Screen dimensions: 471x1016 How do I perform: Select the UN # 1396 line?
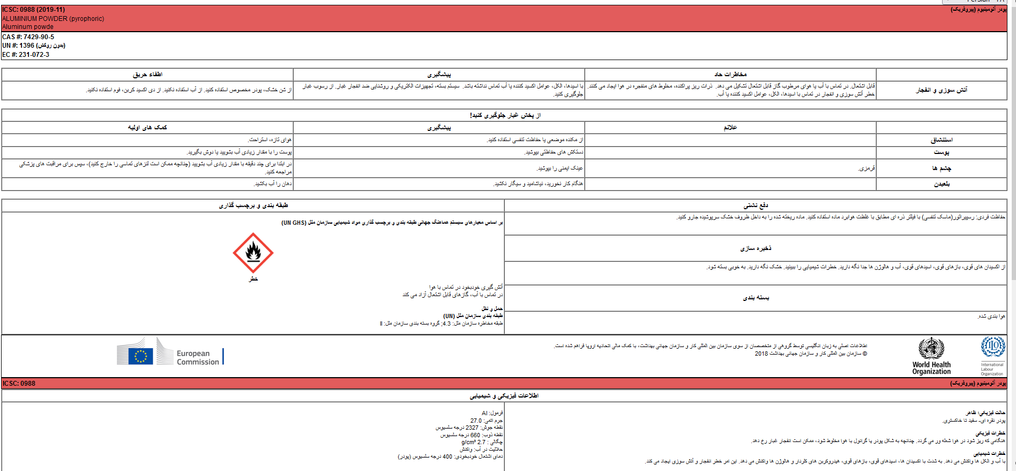pos(34,46)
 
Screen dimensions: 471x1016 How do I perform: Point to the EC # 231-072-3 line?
pos(26,55)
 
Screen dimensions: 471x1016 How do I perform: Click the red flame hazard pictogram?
pos(253,253)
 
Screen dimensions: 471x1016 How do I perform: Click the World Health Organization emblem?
pos(931,348)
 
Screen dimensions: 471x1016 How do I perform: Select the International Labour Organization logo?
pos(992,347)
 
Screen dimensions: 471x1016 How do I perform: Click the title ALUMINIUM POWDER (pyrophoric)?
pos(53,19)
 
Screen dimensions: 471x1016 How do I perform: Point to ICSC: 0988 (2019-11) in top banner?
pos(33,10)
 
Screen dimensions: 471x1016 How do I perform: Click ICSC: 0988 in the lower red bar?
pos(19,384)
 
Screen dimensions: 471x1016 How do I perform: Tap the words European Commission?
pos(198,358)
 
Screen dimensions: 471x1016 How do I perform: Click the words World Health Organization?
pos(931,368)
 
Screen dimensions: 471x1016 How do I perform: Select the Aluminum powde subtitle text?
pos(28,27)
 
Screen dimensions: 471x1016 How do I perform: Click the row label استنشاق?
pos(942,140)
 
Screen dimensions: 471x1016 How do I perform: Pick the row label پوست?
pos(942,152)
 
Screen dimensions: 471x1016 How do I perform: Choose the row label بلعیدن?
pos(942,184)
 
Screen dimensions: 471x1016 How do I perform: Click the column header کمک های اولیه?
pos(147,128)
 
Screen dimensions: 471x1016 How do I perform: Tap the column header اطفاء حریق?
pos(147,75)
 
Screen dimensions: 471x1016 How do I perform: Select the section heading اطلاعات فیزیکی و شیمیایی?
pos(504,396)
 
